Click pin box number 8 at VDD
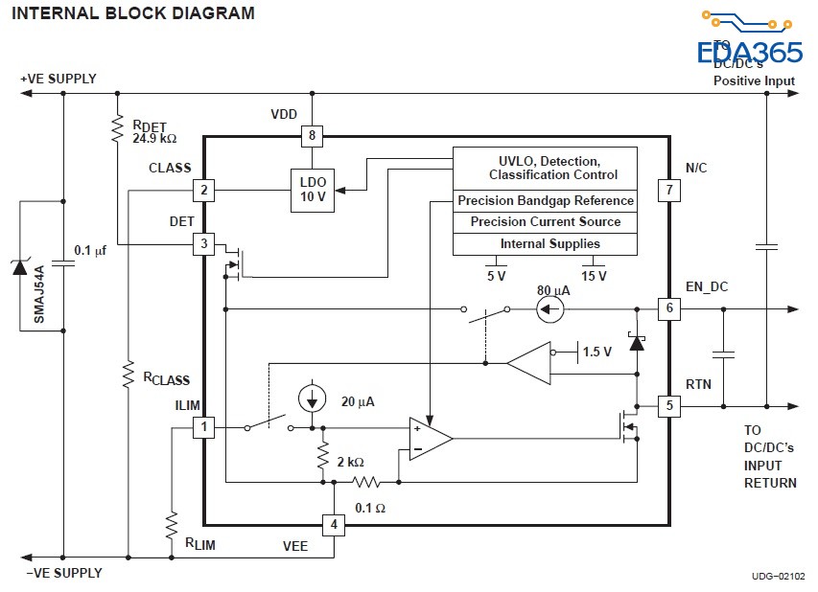click(311, 136)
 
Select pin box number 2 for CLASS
click(203, 190)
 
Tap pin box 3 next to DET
click(203, 244)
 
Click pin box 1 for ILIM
click(203, 427)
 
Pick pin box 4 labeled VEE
click(333, 525)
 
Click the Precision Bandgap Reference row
click(545, 201)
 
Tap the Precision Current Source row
click(545, 222)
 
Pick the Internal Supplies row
click(545, 244)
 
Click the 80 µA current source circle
click(550, 308)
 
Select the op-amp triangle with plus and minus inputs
click(429, 439)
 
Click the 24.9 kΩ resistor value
click(154, 138)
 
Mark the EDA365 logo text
click(749, 52)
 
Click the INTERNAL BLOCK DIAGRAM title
click(133, 13)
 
